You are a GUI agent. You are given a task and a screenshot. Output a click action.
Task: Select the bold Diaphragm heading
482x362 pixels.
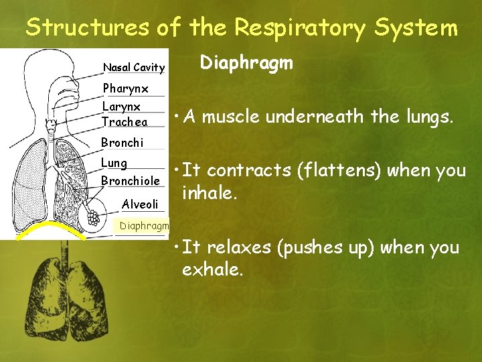247,63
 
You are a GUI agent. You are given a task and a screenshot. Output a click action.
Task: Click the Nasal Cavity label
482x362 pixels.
133,67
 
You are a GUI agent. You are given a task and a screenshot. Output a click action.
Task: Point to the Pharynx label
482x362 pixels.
125,88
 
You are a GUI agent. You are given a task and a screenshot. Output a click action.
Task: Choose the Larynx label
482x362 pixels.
121,107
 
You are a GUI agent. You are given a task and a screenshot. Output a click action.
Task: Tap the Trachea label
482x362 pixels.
125,122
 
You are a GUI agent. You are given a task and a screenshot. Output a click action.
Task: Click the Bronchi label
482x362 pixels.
122,142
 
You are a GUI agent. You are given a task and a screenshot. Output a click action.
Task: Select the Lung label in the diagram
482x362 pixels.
114,163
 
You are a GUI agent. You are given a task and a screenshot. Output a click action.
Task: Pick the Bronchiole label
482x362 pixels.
130,181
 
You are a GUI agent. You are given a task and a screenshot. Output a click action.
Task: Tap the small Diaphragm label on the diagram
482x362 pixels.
143,226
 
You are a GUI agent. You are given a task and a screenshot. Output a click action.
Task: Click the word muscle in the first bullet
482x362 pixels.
231,117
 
